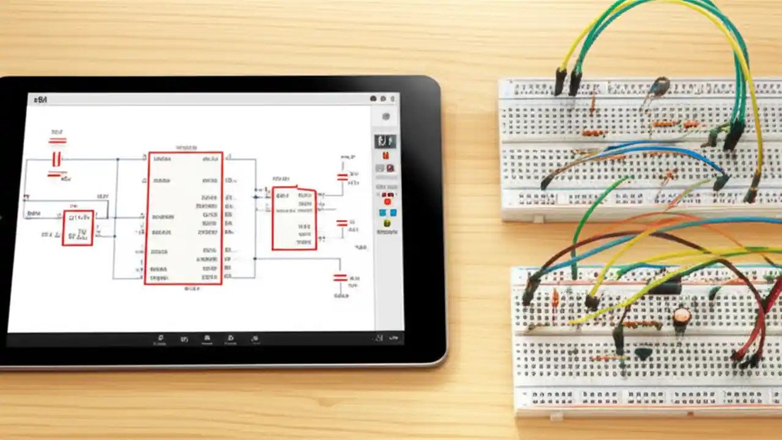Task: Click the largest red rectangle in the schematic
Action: click(183, 218)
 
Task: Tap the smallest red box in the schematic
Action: click(78, 228)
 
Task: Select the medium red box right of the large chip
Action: click(294, 218)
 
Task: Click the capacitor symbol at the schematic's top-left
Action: click(57, 159)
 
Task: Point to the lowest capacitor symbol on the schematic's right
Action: click(340, 278)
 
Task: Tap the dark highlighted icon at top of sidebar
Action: click(385, 141)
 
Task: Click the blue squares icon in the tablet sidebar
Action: click(387, 213)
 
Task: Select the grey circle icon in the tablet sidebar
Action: click(386, 117)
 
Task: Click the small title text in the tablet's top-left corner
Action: click(41, 99)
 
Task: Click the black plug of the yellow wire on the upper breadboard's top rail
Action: click(560, 82)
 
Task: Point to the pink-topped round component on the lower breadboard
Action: click(681, 317)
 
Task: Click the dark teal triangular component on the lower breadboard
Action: click(643, 353)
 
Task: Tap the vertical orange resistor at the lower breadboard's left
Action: click(555, 298)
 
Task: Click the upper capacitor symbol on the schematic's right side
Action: click(342, 177)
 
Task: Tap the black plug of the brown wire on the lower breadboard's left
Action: click(529, 292)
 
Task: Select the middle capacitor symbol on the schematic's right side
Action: click(342, 224)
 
